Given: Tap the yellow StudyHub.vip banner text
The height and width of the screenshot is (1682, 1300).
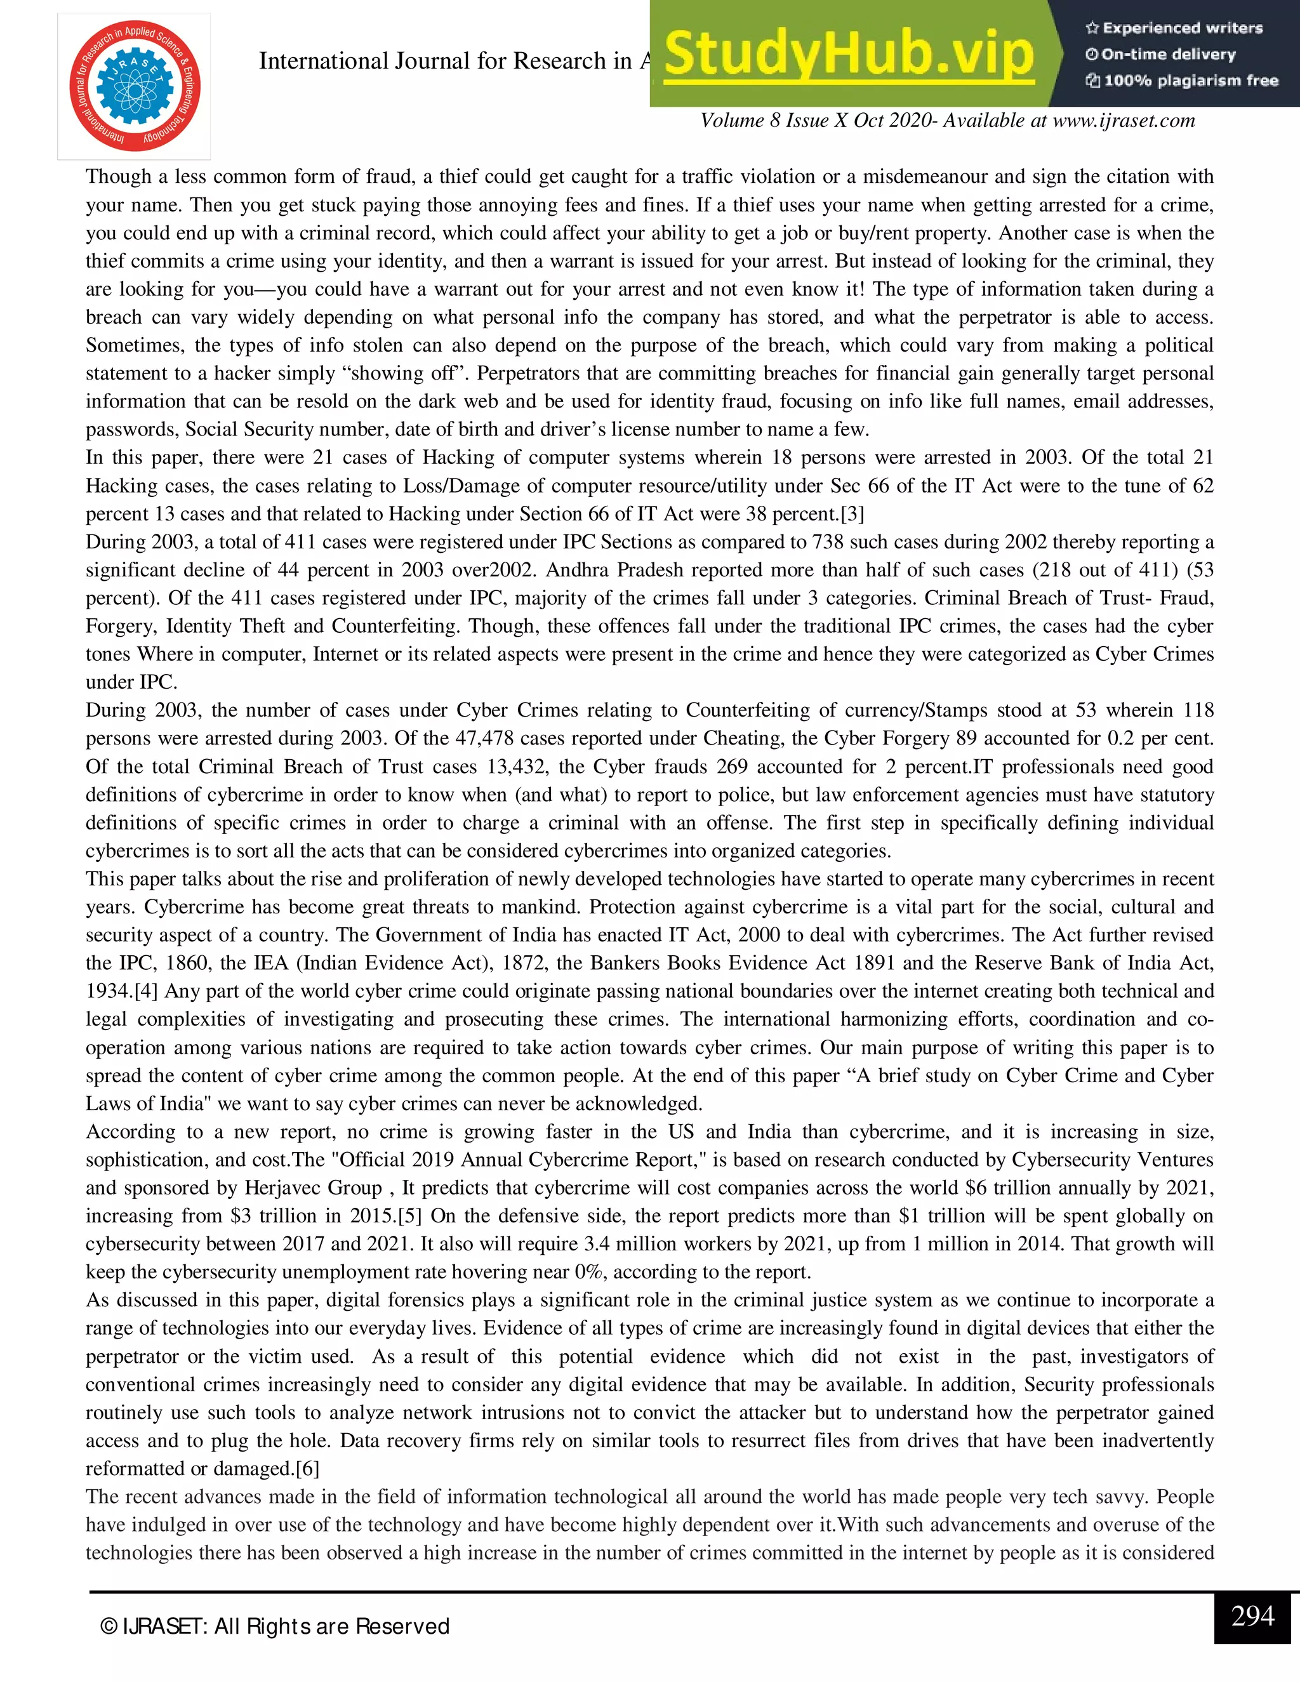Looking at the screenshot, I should pyautogui.click(x=848, y=54).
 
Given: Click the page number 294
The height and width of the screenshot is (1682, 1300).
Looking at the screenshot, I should pyautogui.click(x=1252, y=1616).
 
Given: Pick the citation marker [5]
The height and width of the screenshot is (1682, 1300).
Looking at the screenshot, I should pyautogui.click(x=408, y=1216).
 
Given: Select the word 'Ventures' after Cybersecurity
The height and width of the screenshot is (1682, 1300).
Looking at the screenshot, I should pyautogui.click(x=1175, y=1160).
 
